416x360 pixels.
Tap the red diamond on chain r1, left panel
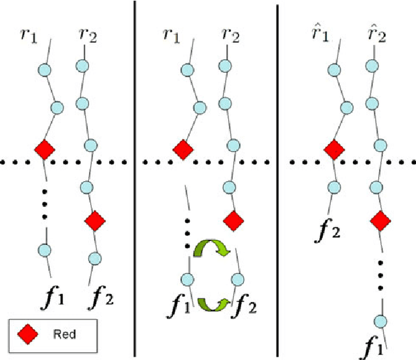pyautogui.click(x=44, y=149)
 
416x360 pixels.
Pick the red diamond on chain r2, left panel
pyautogui.click(x=95, y=222)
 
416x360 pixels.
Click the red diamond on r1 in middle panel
pyautogui.click(x=183, y=149)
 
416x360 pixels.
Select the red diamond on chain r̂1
pyautogui.click(x=334, y=149)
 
